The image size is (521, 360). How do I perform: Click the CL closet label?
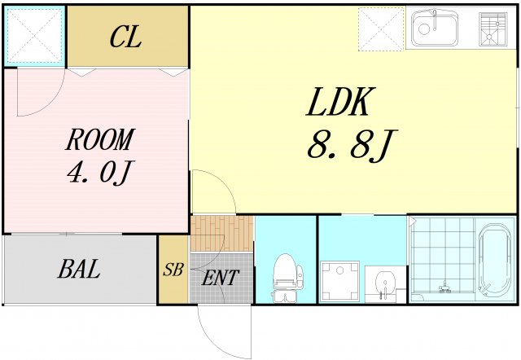click(x=126, y=37)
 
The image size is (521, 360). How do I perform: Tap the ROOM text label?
click(x=99, y=140)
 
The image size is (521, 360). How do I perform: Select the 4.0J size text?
click(x=99, y=173)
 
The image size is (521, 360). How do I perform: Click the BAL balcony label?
click(x=79, y=270)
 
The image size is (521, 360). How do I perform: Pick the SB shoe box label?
click(x=173, y=270)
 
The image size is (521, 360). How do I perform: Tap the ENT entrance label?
click(x=221, y=278)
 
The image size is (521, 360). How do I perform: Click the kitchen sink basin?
click(x=434, y=29)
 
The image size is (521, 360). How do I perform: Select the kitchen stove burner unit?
click(x=493, y=29)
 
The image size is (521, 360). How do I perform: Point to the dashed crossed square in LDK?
click(x=381, y=29)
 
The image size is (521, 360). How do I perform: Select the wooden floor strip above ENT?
click(x=221, y=234)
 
